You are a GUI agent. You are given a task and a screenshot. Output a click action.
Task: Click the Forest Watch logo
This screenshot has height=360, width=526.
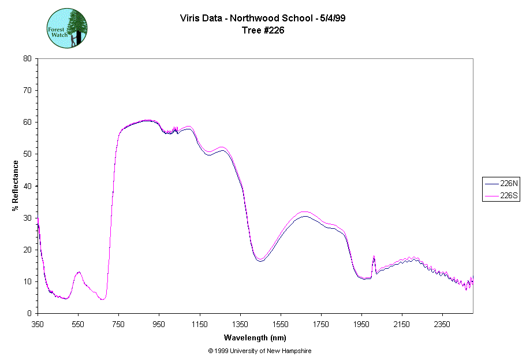pyautogui.click(x=67, y=28)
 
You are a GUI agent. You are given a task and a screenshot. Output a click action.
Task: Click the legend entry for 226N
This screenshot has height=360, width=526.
pyautogui.click(x=501, y=183)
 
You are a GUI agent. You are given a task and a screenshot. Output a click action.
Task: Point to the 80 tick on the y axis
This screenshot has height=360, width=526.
pyautogui.click(x=27, y=58)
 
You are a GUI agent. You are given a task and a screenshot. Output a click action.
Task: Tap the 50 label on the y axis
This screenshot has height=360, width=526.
pyautogui.click(x=27, y=154)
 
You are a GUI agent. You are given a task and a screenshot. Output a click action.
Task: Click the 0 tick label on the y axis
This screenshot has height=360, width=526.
pyautogui.click(x=29, y=313)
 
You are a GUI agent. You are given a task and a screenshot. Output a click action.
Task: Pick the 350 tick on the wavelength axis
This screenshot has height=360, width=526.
pyautogui.click(x=38, y=324)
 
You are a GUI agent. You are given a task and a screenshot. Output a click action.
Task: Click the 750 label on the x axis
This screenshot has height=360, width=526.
pyautogui.click(x=118, y=324)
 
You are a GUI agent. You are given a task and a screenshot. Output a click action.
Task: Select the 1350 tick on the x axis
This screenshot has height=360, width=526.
pyautogui.click(x=240, y=324)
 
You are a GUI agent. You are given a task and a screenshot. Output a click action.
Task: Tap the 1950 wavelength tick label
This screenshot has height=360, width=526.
pyautogui.click(x=361, y=324)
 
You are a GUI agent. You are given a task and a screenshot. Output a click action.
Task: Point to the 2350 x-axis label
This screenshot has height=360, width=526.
pyautogui.click(x=442, y=324)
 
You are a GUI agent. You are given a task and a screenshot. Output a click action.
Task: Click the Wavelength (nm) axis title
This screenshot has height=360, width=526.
pyautogui.click(x=255, y=337)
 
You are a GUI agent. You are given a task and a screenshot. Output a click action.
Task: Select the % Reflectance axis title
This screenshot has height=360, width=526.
pyautogui.click(x=16, y=185)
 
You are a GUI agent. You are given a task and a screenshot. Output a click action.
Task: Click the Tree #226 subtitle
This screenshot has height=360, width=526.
pyautogui.click(x=263, y=31)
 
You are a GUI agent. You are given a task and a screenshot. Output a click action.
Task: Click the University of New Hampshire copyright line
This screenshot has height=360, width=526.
pyautogui.click(x=263, y=351)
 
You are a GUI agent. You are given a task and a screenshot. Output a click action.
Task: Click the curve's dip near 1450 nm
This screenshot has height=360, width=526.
pyautogui.click(x=260, y=260)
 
